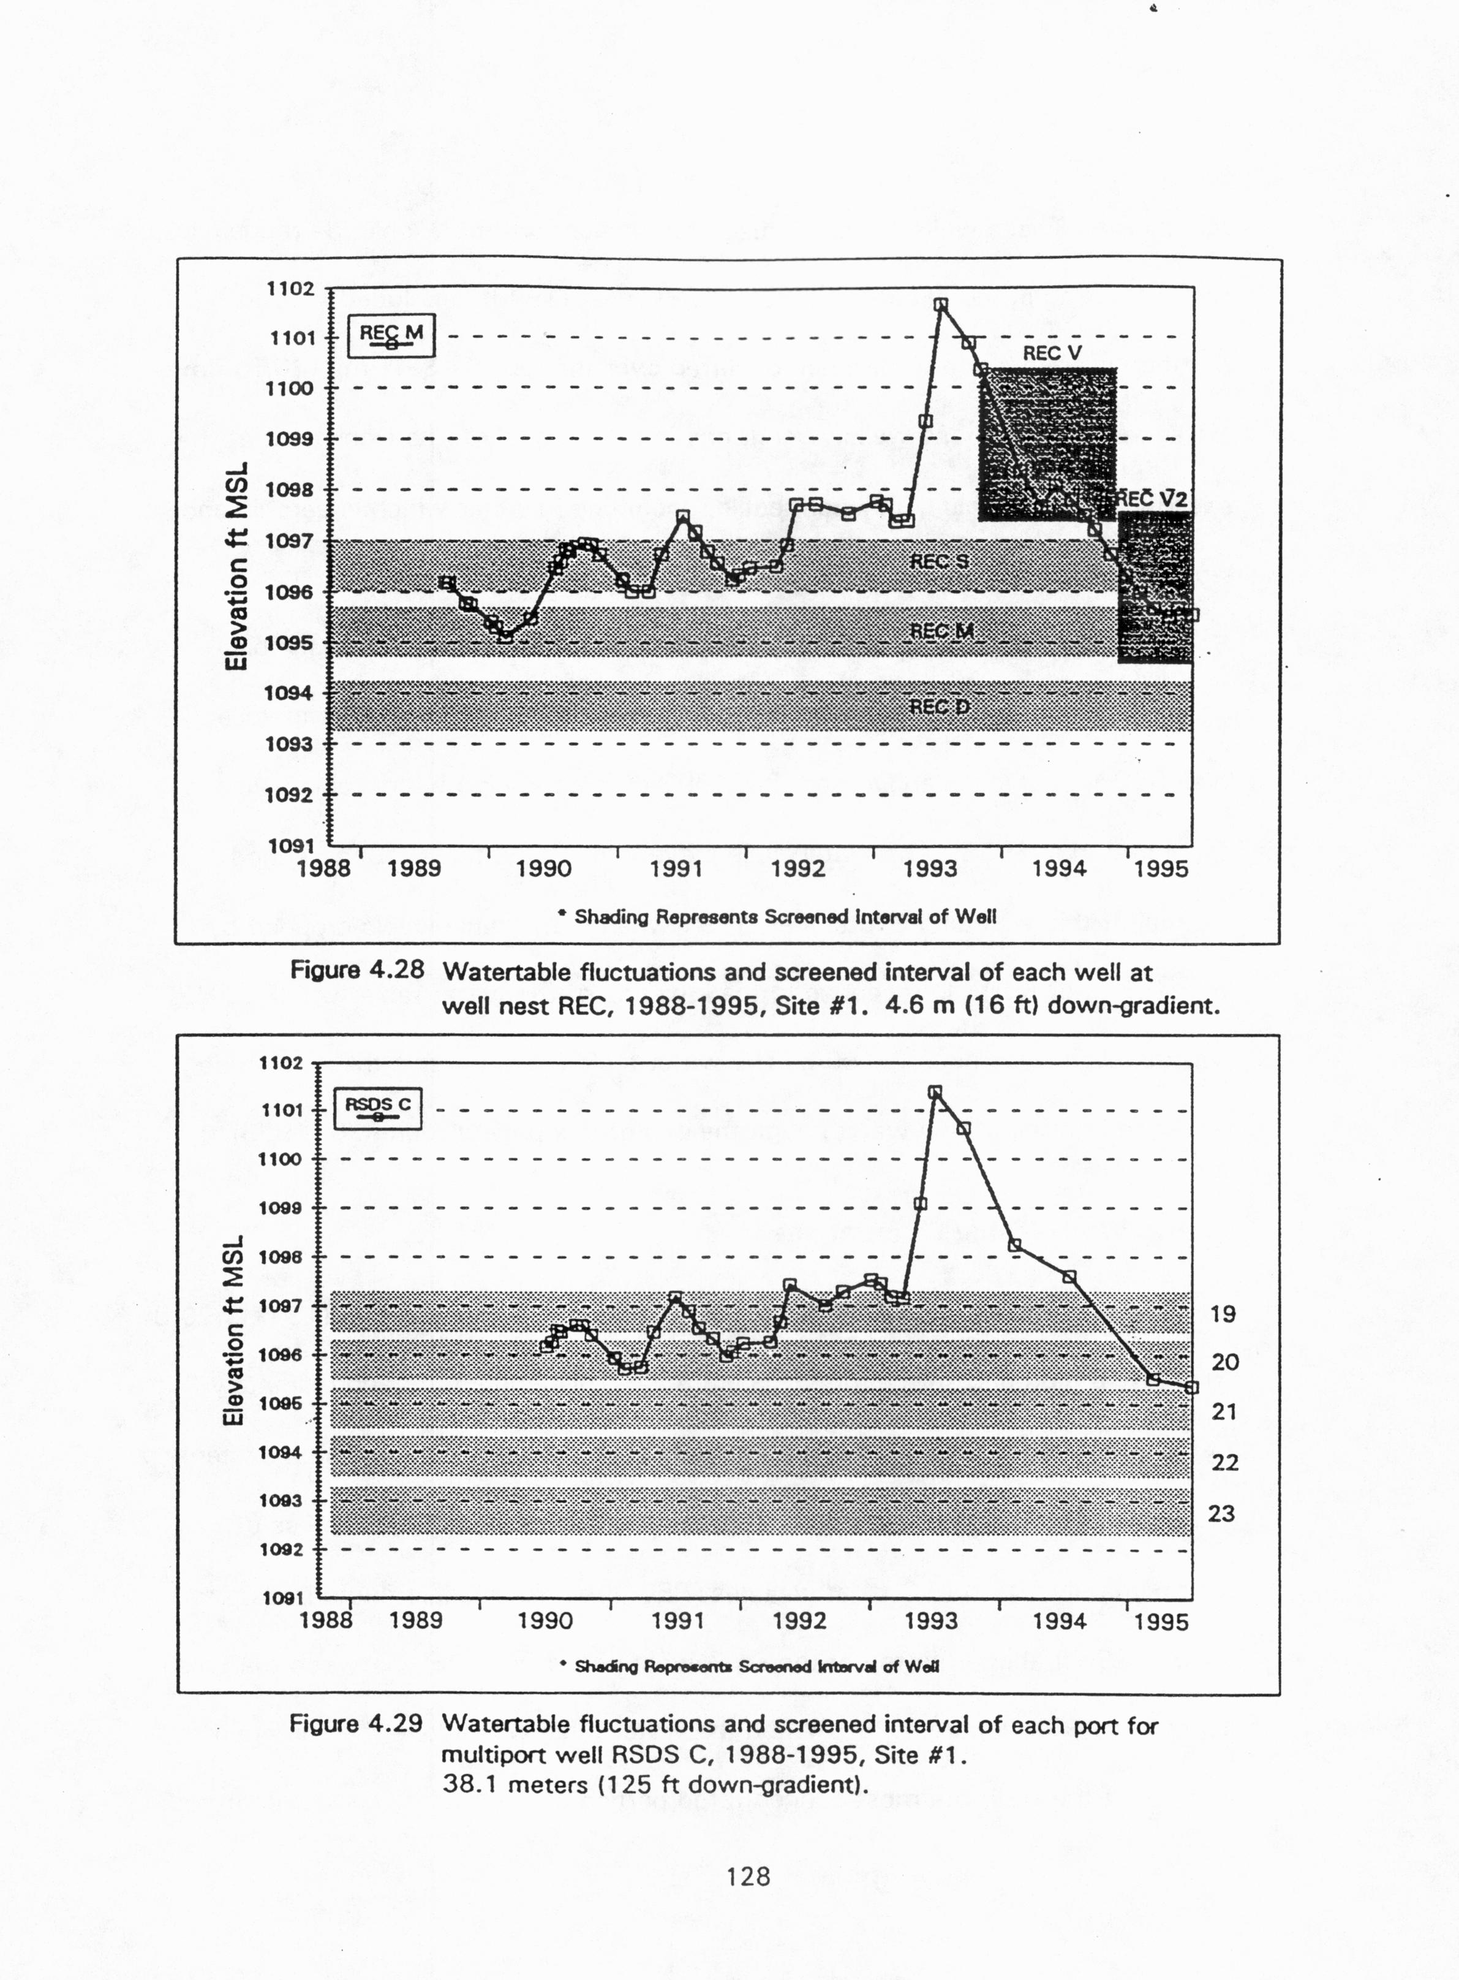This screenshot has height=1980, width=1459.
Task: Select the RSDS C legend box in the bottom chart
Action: pos(377,1109)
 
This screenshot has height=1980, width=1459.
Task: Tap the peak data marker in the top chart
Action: pos(941,305)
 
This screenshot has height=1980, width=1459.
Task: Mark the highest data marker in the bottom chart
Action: pos(935,1092)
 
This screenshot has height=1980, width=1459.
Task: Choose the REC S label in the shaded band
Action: pos(939,561)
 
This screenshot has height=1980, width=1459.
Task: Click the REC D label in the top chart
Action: pos(940,707)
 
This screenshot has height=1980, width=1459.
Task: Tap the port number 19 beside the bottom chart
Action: pos(1223,1314)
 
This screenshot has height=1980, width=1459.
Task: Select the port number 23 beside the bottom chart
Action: pos(1221,1514)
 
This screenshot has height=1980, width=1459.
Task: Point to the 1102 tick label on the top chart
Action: pos(290,289)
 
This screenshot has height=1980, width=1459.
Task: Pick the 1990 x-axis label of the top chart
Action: pos(543,868)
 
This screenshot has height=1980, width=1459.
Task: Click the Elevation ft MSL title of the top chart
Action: pos(235,566)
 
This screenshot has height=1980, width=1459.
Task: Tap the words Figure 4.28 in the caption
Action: pos(357,970)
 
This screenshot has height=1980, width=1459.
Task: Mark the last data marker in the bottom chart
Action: pos(1191,1387)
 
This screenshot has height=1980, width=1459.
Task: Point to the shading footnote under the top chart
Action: pos(777,917)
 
